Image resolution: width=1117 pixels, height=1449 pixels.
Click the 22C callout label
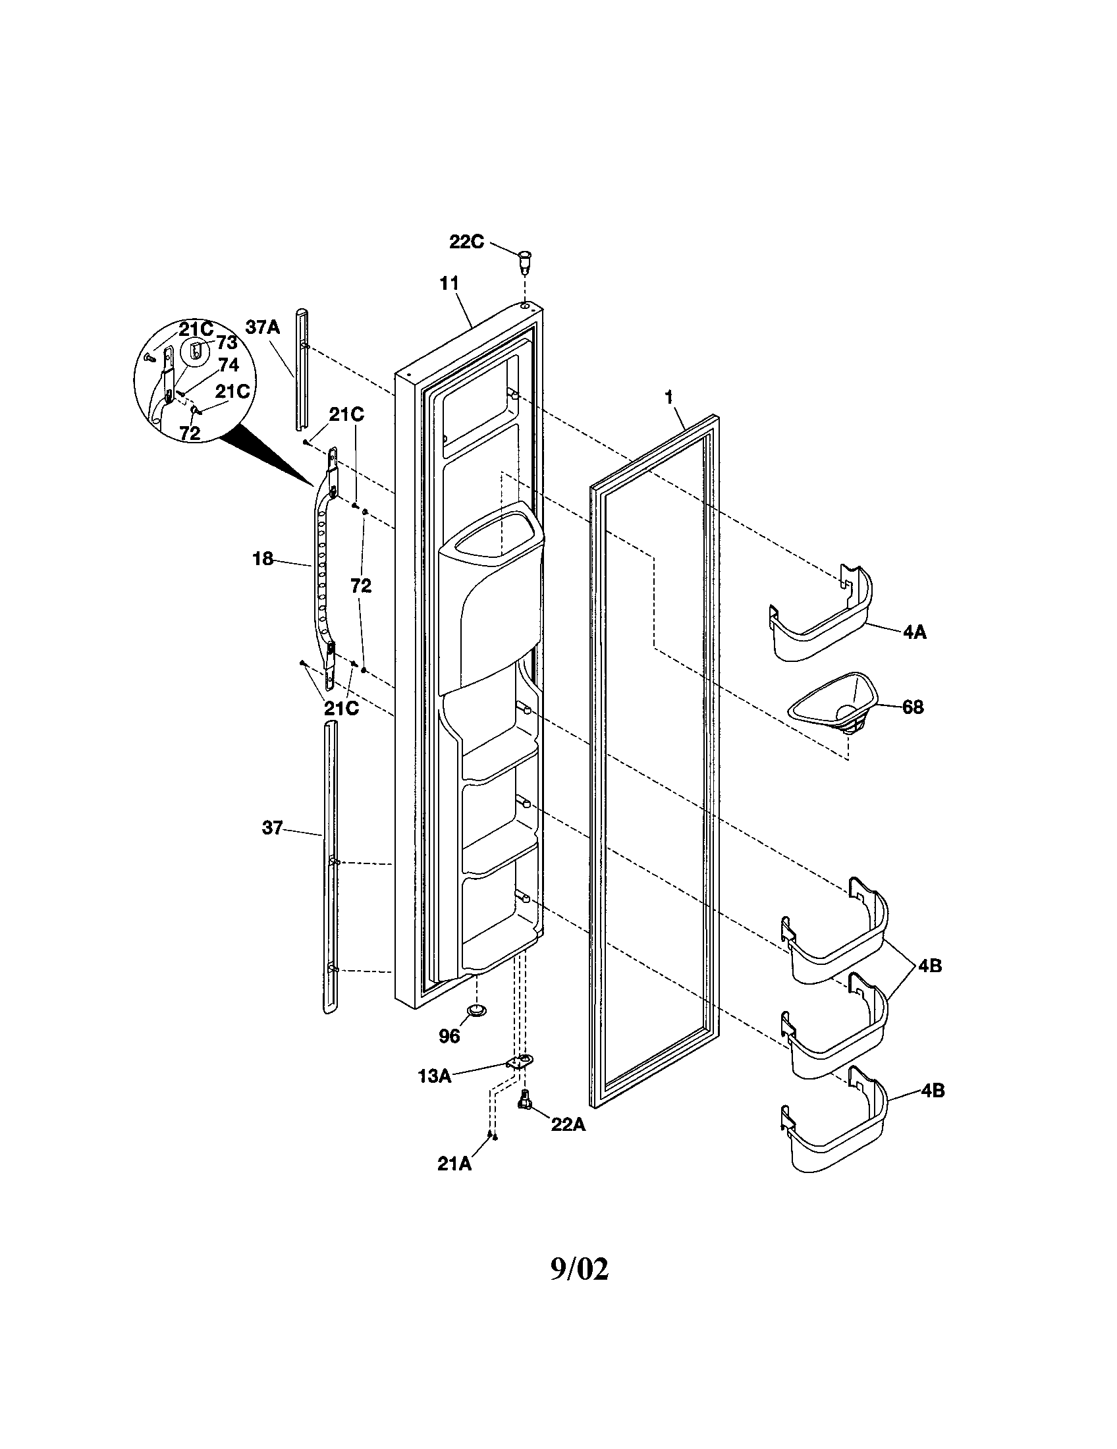click(466, 242)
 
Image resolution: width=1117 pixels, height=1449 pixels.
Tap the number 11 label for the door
click(449, 283)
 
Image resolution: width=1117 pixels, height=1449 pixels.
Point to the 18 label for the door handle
click(263, 559)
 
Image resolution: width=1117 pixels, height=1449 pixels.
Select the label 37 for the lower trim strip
click(272, 828)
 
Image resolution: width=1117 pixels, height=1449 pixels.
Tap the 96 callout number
click(449, 1036)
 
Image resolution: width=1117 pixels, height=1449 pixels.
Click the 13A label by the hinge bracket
click(435, 1076)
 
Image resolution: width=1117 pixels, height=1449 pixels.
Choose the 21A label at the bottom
click(454, 1164)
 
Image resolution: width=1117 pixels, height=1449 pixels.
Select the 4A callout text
click(914, 632)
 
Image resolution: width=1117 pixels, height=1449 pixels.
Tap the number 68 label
click(913, 707)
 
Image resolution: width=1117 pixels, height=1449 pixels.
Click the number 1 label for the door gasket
click(669, 397)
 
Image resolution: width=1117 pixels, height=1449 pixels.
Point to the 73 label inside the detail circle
click(226, 343)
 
